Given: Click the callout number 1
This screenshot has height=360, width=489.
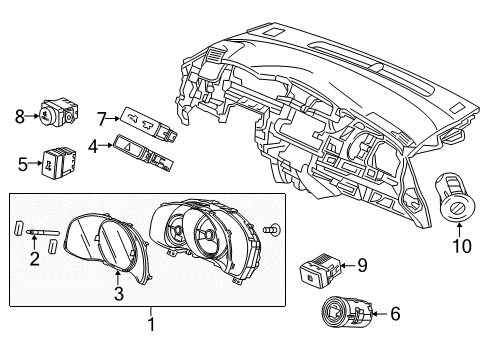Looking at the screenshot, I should pos(150,323).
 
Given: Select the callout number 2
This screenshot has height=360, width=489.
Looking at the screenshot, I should pos(35,261).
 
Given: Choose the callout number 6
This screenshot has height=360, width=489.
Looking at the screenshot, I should pos(395,314).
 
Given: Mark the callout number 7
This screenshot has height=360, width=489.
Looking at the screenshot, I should pos(102,119).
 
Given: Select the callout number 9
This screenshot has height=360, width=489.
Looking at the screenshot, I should pos(363,265).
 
